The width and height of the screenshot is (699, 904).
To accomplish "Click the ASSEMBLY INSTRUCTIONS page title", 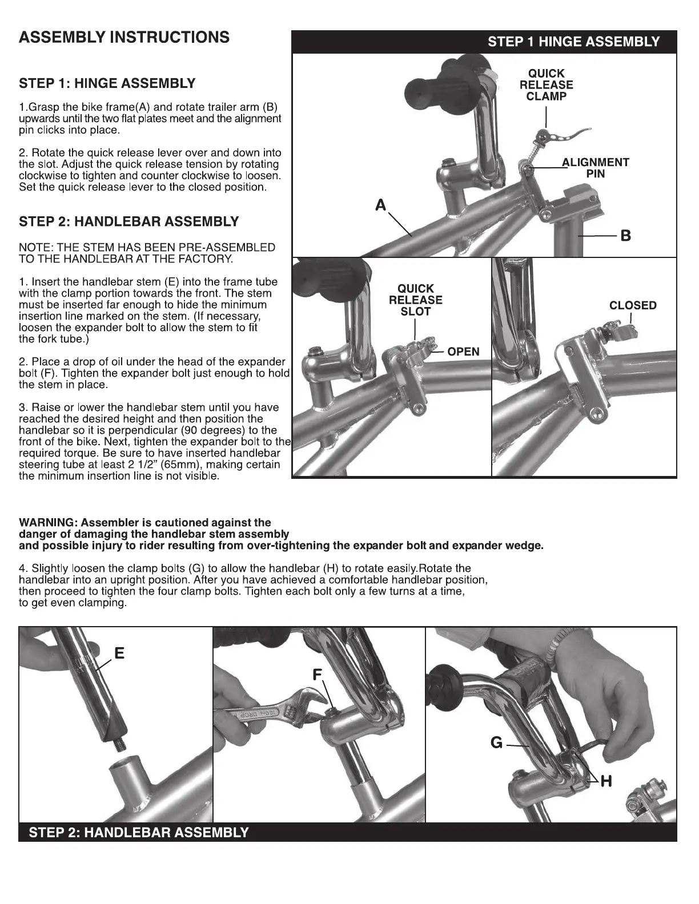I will [x=124, y=38].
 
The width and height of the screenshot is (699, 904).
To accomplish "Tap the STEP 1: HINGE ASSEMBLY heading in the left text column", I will [x=107, y=84].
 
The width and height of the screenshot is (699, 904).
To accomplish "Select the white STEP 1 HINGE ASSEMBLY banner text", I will [x=573, y=42].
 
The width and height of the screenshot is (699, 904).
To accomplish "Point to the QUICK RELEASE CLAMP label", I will [x=546, y=85].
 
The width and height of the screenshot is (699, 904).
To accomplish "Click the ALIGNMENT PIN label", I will [x=596, y=168].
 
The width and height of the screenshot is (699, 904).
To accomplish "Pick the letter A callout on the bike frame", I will [x=381, y=205].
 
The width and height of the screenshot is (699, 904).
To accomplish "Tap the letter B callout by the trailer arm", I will [x=625, y=235].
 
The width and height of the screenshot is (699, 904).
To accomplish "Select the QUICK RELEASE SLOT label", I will [x=415, y=300].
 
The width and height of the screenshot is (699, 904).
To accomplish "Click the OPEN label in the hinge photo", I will [x=463, y=352].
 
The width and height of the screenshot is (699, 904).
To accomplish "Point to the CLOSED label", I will [x=633, y=305].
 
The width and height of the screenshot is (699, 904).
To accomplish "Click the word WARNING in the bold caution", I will [x=47, y=523].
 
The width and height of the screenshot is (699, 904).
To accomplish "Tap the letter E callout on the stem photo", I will [x=119, y=653].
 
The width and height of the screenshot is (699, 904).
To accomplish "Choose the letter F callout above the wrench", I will [x=318, y=675].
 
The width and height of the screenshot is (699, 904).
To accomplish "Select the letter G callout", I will [x=496, y=742].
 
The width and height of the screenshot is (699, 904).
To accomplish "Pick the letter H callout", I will [x=606, y=781].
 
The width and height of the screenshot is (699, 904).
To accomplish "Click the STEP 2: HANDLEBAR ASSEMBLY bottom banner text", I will [x=139, y=832].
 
